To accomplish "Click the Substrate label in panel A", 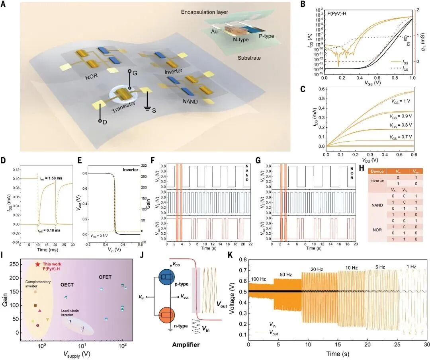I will pyautogui.click(x=250, y=58).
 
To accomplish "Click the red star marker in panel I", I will pyautogui.click(x=37, y=264).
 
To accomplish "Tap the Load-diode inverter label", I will pyautogui.click(x=72, y=313).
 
